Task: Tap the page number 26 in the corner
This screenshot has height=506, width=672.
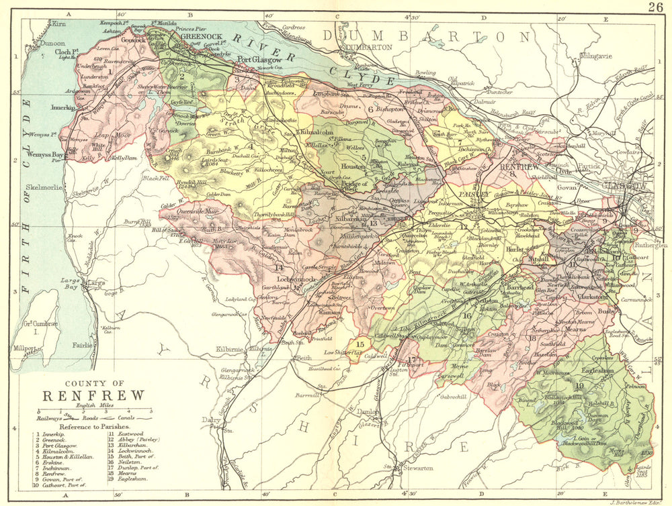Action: coord(656,7)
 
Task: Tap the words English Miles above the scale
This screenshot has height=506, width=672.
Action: coord(94,404)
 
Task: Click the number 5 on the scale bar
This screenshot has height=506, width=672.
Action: coord(150,410)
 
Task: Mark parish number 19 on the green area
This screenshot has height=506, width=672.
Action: coord(579,385)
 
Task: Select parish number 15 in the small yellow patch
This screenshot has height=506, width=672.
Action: coord(360,344)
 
